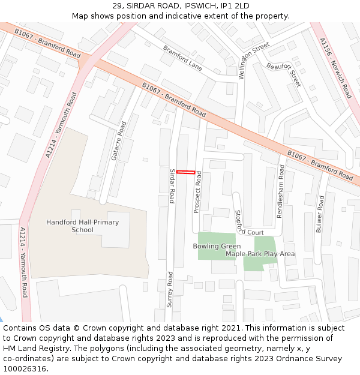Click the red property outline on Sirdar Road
(185, 173)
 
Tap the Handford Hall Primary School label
(82, 226)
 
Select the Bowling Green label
(217, 246)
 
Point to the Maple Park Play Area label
(260, 254)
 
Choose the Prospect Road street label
(197, 191)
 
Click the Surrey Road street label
(170, 289)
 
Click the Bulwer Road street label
(320, 214)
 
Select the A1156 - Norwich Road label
(336, 68)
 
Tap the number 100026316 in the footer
(25, 368)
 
